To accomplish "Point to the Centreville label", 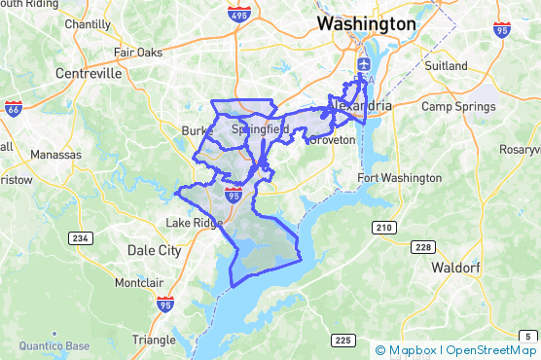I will [x=90, y=73].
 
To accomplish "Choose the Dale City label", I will [x=155, y=250].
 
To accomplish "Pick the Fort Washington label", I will [x=399, y=178].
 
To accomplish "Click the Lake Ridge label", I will [x=194, y=223].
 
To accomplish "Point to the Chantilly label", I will [x=88, y=23].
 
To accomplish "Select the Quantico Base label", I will [x=50, y=345].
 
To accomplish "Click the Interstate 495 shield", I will [x=239, y=15].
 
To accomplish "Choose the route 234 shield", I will [x=80, y=237].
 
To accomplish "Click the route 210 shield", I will [x=385, y=228].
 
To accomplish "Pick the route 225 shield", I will [x=342, y=340].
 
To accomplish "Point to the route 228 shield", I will [x=422, y=247].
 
